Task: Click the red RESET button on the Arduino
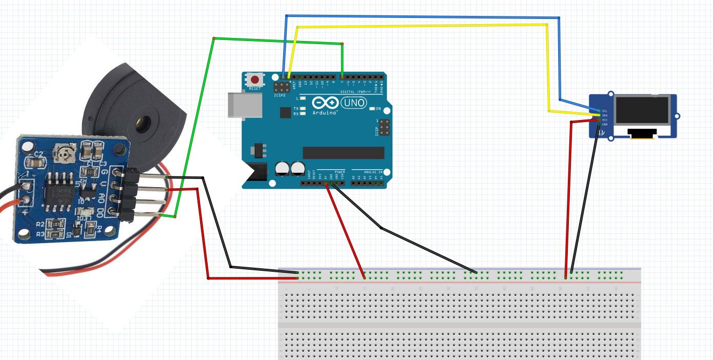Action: pyautogui.click(x=254, y=79)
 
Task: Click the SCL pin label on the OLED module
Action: pyautogui.click(x=605, y=111)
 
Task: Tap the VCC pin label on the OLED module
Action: pyautogui.click(x=605, y=119)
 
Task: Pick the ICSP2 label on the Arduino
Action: pyautogui.click(x=280, y=95)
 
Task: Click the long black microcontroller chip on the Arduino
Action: pyautogui.click(x=343, y=153)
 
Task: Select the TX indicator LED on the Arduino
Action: pyautogui.click(x=303, y=109)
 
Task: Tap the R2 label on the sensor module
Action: pyautogui.click(x=39, y=224)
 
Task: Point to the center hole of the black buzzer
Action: pyautogui.click(x=141, y=123)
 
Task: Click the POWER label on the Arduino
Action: pyautogui.click(x=340, y=171)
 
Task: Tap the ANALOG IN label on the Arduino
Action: pyautogui.click(x=373, y=171)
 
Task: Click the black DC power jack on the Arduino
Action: pyautogui.click(x=255, y=174)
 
